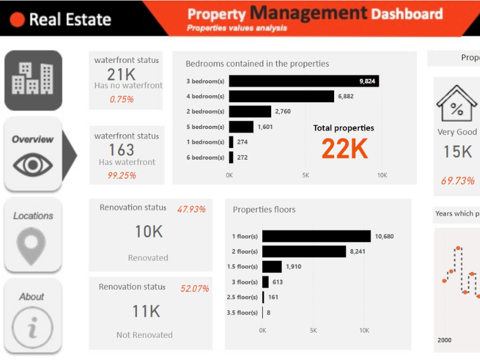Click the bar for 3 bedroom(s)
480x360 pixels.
(x=304, y=81)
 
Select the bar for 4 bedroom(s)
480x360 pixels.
(x=281, y=96)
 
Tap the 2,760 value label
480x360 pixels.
(x=283, y=112)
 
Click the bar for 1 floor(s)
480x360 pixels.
(x=316, y=236)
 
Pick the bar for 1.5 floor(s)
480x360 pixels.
(x=272, y=266)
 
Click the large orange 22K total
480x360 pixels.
(x=344, y=149)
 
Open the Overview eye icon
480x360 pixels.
(x=33, y=164)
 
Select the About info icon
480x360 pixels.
(x=32, y=328)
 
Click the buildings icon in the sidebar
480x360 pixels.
(x=33, y=79)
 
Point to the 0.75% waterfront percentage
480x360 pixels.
(x=122, y=100)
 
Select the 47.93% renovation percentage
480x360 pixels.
(x=191, y=209)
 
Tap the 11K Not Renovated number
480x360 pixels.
(x=146, y=311)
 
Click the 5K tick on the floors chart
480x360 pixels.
(x=313, y=331)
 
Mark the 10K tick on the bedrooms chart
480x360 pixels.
(x=382, y=175)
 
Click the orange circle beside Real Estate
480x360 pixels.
(x=18, y=19)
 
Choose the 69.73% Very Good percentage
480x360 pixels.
(x=457, y=181)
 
